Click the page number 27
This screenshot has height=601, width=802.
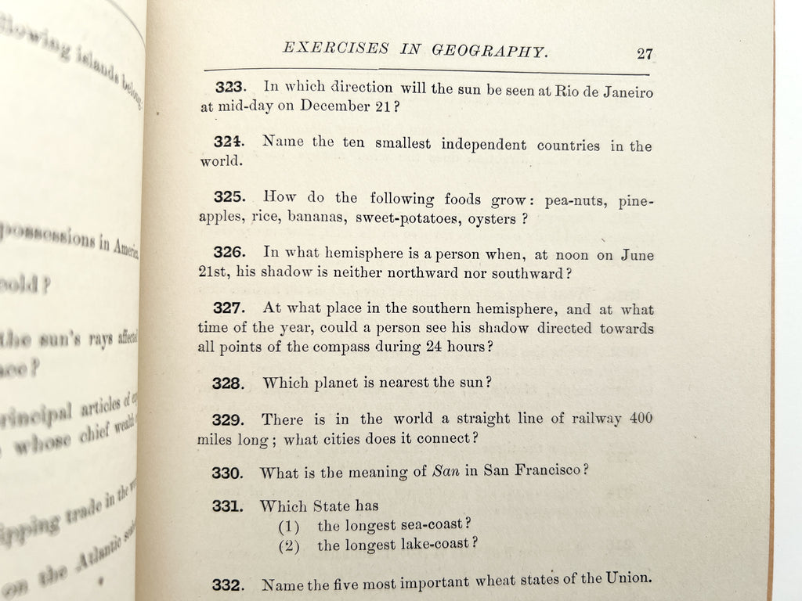click(x=645, y=54)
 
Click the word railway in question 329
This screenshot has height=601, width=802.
click(x=581, y=420)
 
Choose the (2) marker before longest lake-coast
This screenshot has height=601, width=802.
click(x=291, y=545)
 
